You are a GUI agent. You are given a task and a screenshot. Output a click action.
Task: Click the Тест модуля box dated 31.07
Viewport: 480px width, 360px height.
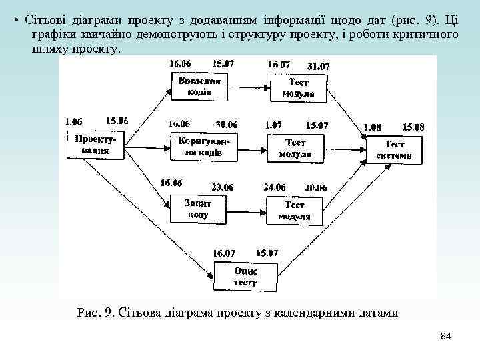[298, 88]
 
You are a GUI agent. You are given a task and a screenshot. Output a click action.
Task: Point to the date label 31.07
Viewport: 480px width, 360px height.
[319, 66]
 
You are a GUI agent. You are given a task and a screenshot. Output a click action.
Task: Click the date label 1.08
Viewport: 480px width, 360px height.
[373, 126]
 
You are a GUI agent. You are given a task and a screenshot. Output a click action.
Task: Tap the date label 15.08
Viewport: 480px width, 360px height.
[413, 126]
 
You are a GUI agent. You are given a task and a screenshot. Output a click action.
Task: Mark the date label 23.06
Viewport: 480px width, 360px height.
[222, 187]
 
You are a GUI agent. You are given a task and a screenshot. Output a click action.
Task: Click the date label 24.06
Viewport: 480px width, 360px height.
[275, 187]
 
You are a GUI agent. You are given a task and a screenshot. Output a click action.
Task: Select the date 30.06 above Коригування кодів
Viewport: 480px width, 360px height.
[227, 124]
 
